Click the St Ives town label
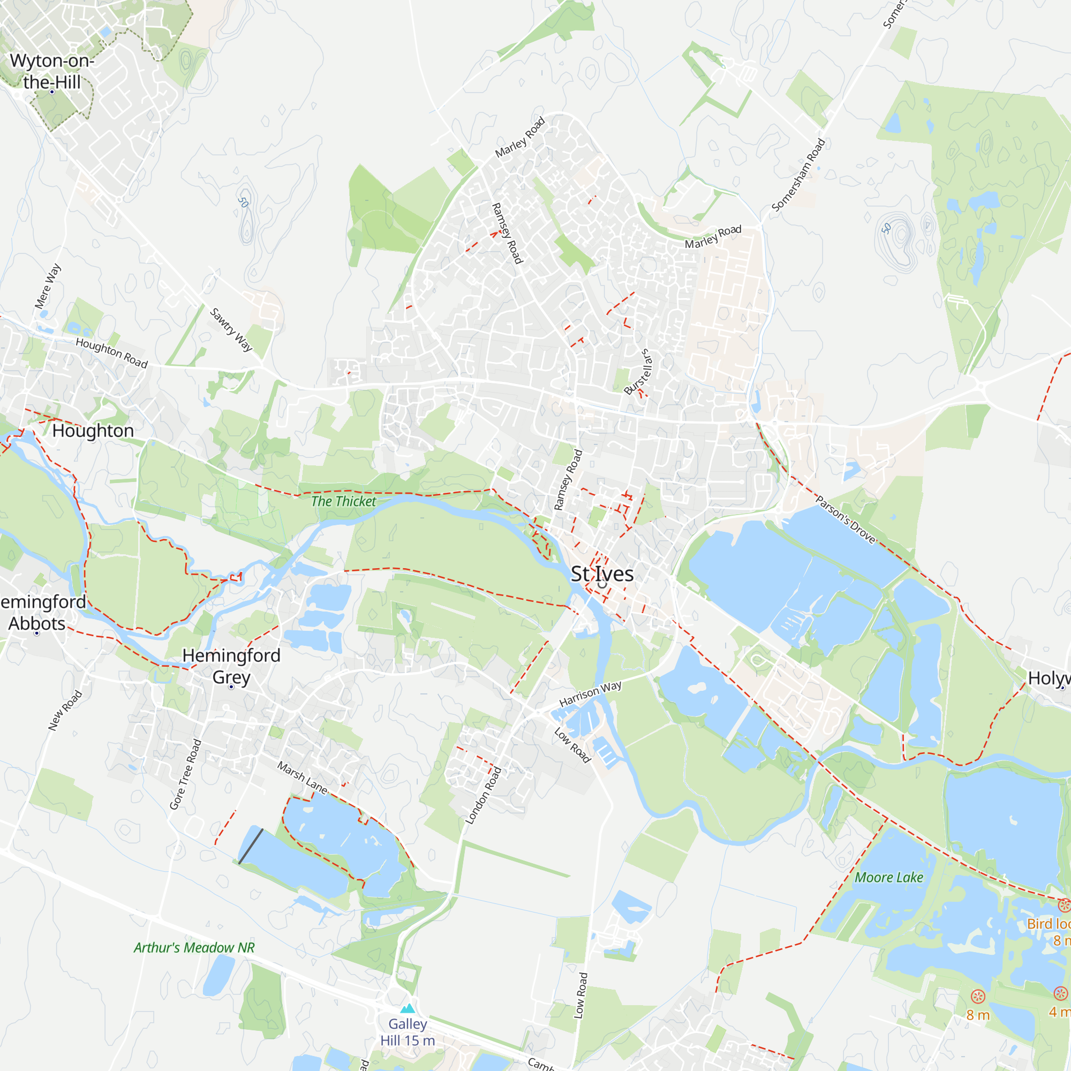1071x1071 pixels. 602,574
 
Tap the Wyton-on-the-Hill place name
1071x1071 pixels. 52,72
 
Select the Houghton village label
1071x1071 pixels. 93,431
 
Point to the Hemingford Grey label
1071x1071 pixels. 231,666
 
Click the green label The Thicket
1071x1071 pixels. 343,502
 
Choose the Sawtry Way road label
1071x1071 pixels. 231,330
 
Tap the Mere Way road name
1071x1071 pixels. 48,286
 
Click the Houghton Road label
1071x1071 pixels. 111,352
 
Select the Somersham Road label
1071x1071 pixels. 798,175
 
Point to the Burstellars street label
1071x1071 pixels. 639,372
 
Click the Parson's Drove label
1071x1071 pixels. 846,519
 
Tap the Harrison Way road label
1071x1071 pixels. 590,693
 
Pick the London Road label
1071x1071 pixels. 483,796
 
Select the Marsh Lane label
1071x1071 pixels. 303,777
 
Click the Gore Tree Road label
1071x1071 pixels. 185,774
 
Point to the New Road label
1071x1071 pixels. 65,710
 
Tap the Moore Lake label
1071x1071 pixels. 888,878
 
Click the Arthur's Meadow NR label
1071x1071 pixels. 194,947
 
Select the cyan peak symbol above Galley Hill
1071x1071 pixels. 408,1008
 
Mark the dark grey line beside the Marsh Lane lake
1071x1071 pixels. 251,846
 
